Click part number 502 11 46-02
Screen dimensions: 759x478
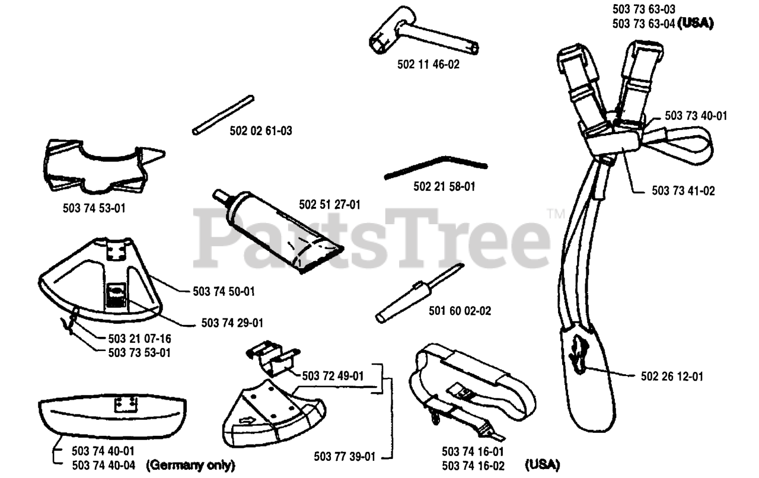point(428,65)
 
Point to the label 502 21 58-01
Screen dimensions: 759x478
point(444,187)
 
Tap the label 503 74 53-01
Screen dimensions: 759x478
point(94,208)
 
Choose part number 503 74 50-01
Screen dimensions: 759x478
point(224,291)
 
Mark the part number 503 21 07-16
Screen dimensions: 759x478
point(140,339)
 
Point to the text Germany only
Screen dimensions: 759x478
point(190,464)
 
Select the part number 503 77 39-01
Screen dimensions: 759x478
point(344,456)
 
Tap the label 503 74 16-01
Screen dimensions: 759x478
point(473,452)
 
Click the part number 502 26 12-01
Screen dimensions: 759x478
point(672,376)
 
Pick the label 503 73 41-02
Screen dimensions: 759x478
point(683,190)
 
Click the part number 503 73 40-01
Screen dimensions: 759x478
point(696,116)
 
